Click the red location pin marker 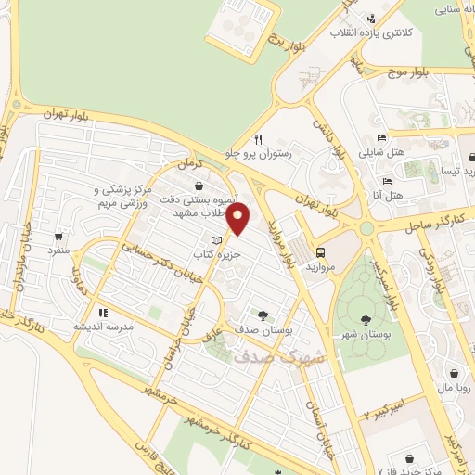[x=238, y=220]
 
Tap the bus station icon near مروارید [x=321, y=252]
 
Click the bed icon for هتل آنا [x=387, y=181]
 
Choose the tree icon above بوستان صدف [x=264, y=314]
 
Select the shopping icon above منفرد [x=59, y=237]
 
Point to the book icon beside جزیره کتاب [x=217, y=240]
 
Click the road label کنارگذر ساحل [x=440, y=223]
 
